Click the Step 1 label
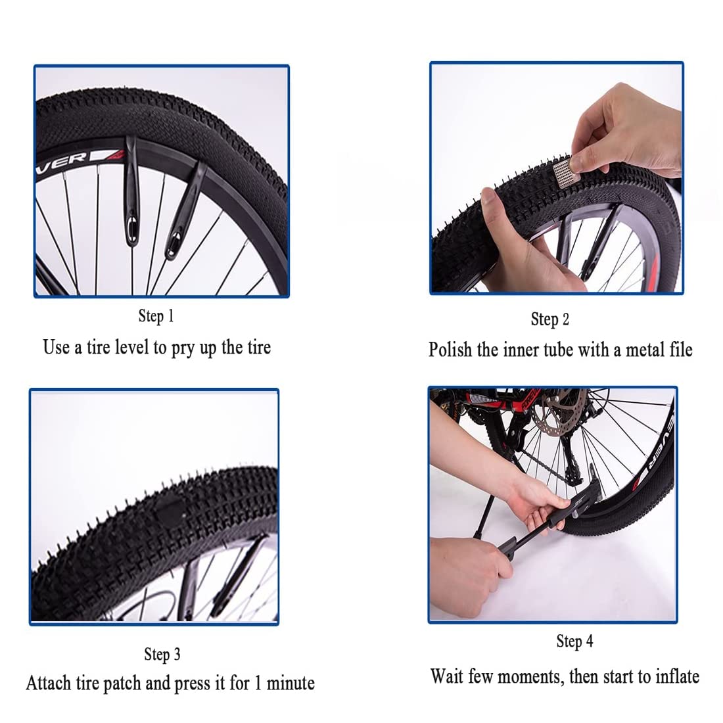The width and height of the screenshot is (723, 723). (156, 316)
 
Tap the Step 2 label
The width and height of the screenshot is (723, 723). (549, 319)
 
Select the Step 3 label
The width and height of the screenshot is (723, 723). (162, 655)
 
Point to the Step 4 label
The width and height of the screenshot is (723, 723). (574, 641)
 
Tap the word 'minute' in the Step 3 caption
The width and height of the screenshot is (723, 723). (291, 684)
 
